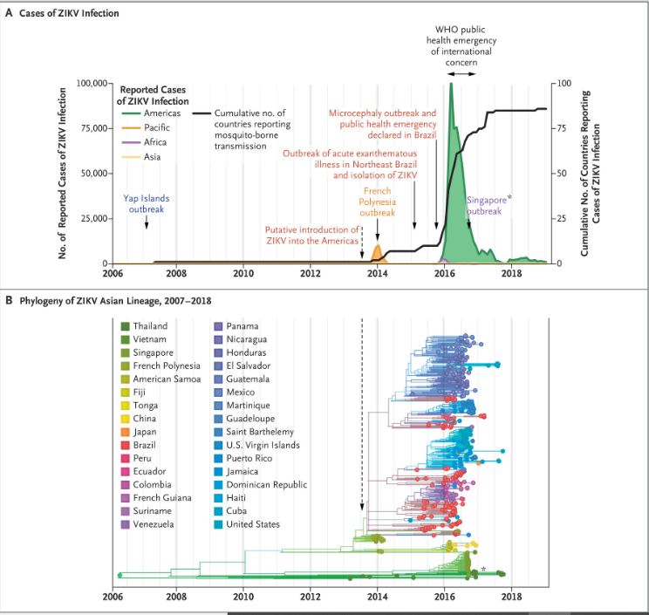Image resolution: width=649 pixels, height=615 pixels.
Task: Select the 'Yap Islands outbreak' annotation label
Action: click(x=146, y=202)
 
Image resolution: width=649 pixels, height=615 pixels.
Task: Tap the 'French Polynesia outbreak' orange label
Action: click(x=378, y=201)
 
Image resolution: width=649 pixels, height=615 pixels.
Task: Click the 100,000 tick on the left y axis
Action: click(x=92, y=83)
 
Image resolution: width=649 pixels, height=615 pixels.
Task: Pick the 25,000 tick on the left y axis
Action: click(x=94, y=217)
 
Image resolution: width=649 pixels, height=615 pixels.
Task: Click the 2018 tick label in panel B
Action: click(x=511, y=597)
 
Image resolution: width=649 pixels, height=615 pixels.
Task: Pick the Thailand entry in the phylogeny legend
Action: click(x=150, y=325)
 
